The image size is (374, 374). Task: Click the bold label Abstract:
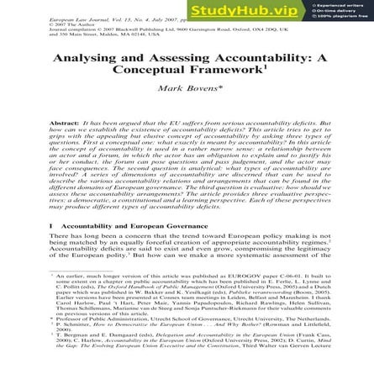click(66, 123)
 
